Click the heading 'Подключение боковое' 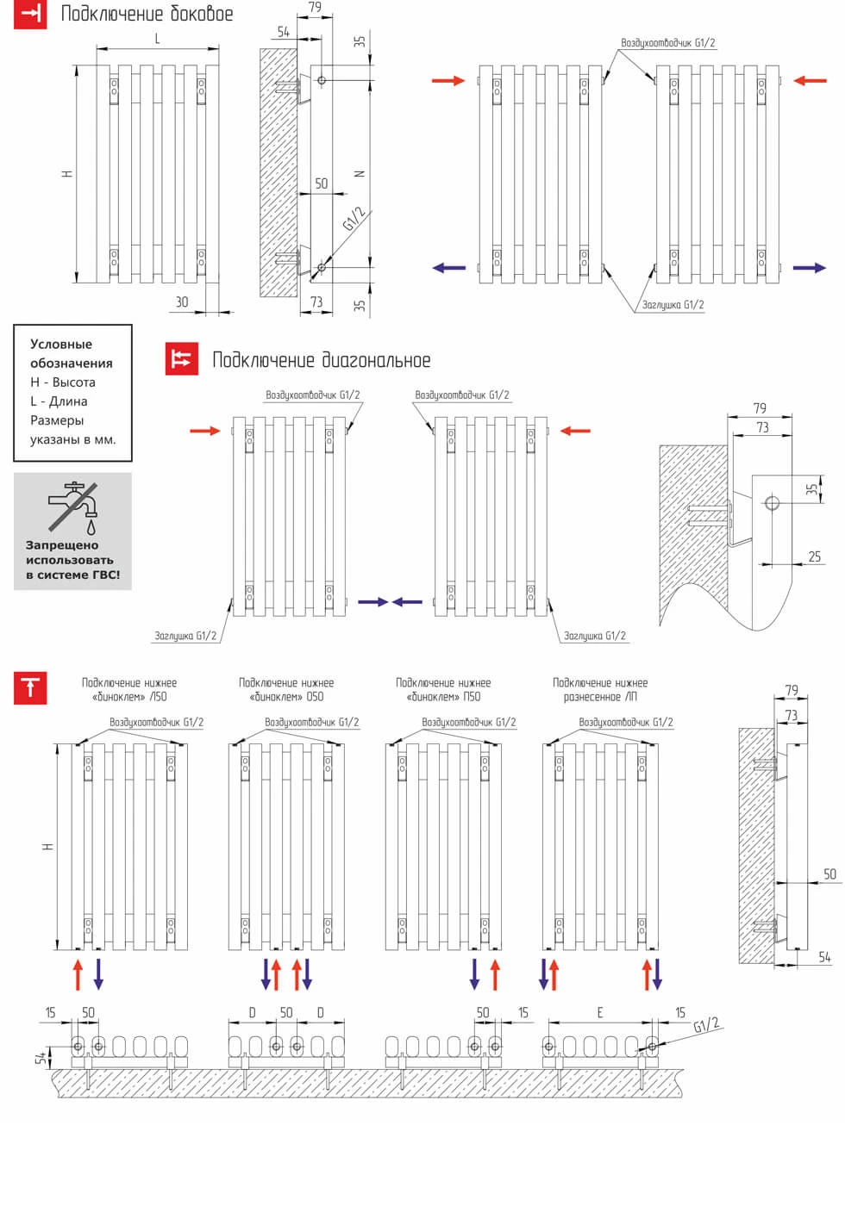[147, 15]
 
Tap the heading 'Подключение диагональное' [321, 360]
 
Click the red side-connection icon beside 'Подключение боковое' [31, 15]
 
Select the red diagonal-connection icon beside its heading [181, 359]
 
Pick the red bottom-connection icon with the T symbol [31, 688]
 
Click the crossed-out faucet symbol [72, 507]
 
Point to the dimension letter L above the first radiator [157, 39]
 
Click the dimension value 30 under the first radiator [182, 301]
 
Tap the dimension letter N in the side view [360, 173]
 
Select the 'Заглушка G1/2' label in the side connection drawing [673, 305]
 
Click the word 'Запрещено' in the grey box [62, 545]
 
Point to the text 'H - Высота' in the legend [63, 382]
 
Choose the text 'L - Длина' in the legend [59, 401]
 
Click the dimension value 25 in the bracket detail [815, 556]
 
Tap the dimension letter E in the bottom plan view [600, 1013]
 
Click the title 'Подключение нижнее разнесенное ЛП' [600, 690]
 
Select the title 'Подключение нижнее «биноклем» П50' [443, 690]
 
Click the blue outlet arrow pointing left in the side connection [448, 268]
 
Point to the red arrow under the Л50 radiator [78, 973]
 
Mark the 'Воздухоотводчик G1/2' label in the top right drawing [667, 42]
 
